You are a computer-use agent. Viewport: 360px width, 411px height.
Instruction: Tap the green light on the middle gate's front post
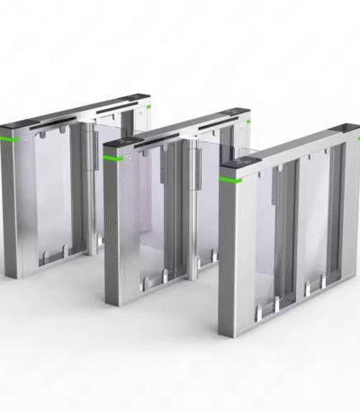tap(112, 157)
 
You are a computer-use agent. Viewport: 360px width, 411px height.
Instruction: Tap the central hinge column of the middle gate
tap(193, 207)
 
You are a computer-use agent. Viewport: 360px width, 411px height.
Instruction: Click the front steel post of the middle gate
tap(112, 229)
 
